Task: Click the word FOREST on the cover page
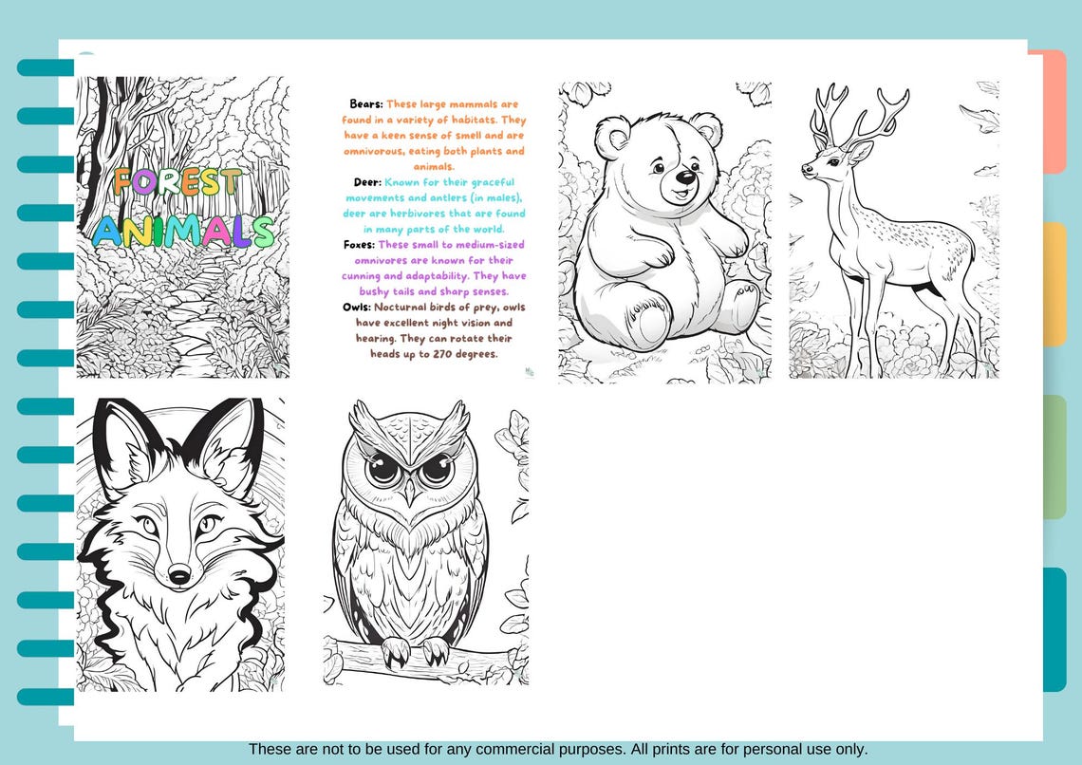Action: (177, 181)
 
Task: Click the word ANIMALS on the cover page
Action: (183, 231)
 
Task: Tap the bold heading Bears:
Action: (366, 104)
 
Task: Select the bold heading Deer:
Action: (365, 182)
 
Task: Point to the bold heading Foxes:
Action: (359, 245)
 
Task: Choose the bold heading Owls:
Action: (356, 308)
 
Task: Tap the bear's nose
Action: (683, 177)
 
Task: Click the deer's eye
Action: (830, 162)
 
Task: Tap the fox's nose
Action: (179, 573)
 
